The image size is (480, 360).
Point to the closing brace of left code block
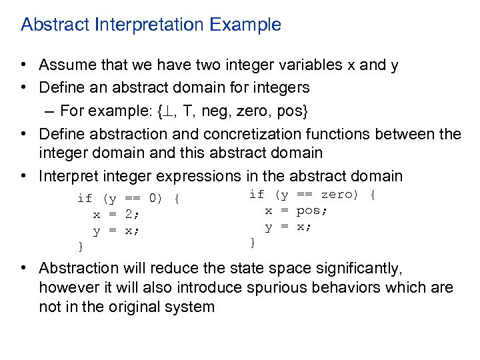pos(81,247)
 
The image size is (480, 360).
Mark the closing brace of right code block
pos(252,243)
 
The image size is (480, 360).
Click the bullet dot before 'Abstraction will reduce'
pos(23,269)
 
